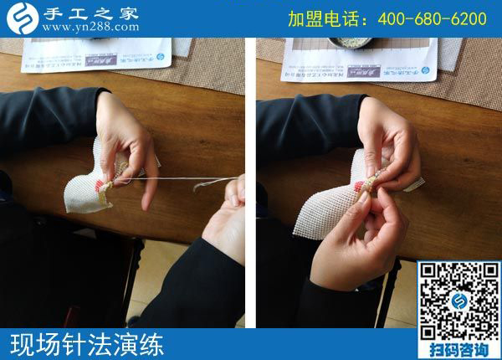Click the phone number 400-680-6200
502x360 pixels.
tap(433, 18)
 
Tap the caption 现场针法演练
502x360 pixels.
tap(88, 344)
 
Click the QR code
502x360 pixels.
tap(458, 300)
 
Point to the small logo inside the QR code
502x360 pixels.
tap(458, 301)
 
